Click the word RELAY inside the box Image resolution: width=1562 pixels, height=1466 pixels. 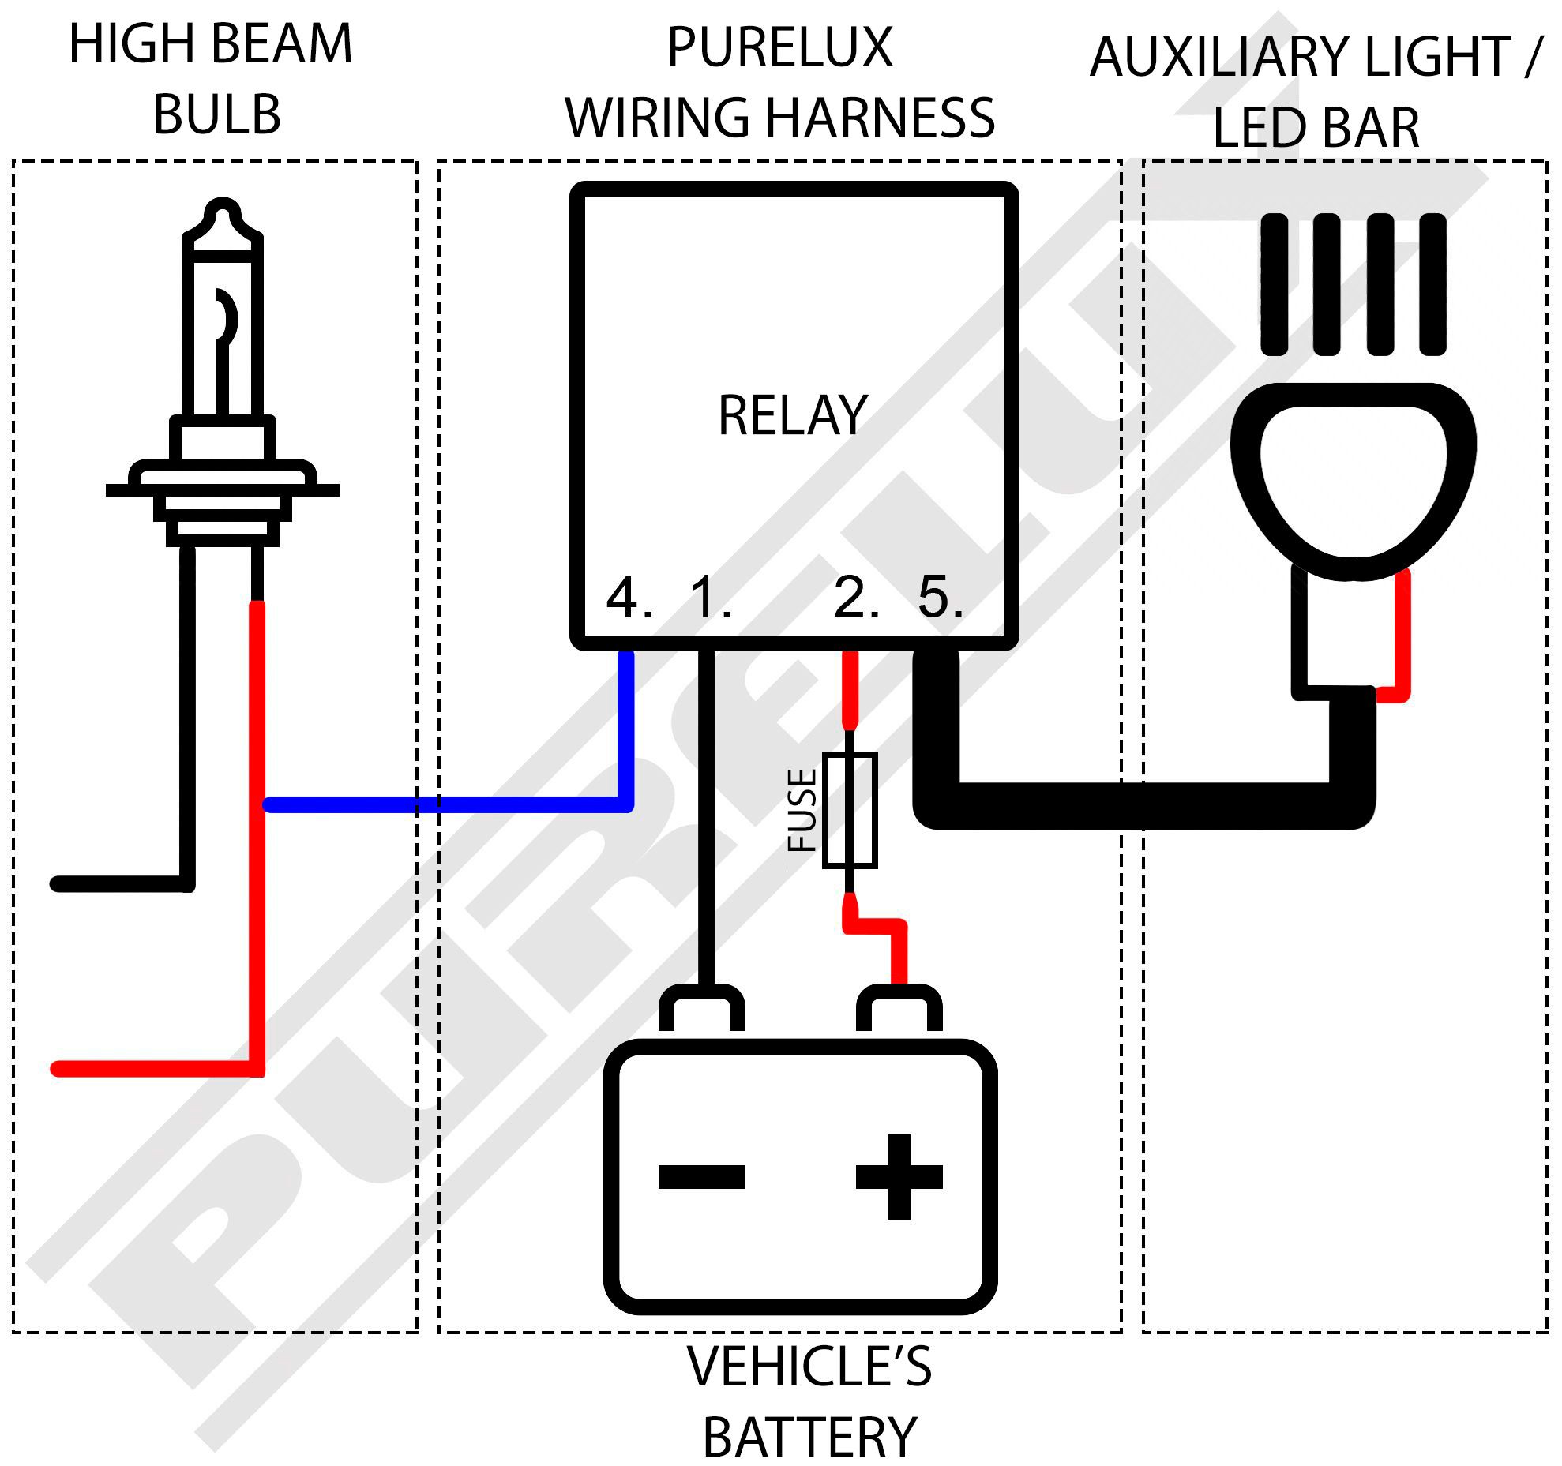click(x=792, y=416)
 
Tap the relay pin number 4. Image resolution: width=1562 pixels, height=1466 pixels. click(x=623, y=598)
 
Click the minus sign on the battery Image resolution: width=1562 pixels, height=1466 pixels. click(x=701, y=1177)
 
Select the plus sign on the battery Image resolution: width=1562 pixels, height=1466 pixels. click(x=899, y=1177)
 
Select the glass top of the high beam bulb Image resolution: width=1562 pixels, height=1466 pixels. click(x=223, y=316)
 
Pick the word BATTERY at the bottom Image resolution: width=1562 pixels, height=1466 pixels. click(x=809, y=1438)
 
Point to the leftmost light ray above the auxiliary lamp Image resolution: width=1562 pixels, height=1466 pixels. click(x=1274, y=284)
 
